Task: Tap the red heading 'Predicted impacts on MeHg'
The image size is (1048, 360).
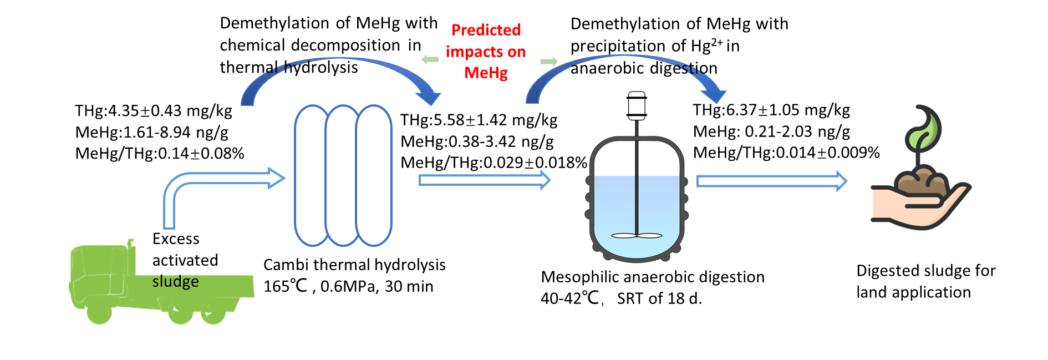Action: [486, 51]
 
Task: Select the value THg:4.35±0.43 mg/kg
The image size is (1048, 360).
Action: [154, 110]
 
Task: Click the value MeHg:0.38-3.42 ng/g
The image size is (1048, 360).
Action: [477, 141]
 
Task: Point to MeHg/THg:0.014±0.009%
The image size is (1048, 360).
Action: [786, 153]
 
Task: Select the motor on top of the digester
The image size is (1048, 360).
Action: [637, 105]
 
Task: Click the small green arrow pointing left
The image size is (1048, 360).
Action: [430, 59]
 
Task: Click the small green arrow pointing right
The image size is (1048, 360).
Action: [548, 62]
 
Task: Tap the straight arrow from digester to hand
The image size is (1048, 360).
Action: [771, 181]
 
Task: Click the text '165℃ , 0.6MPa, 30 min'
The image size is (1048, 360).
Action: [348, 286]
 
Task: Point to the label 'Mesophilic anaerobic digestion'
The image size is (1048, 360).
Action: [653, 277]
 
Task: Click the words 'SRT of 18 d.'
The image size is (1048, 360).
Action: [659, 298]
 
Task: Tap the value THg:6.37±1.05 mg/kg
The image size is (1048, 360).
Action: [771, 110]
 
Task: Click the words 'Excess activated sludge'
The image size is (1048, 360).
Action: [185, 260]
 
